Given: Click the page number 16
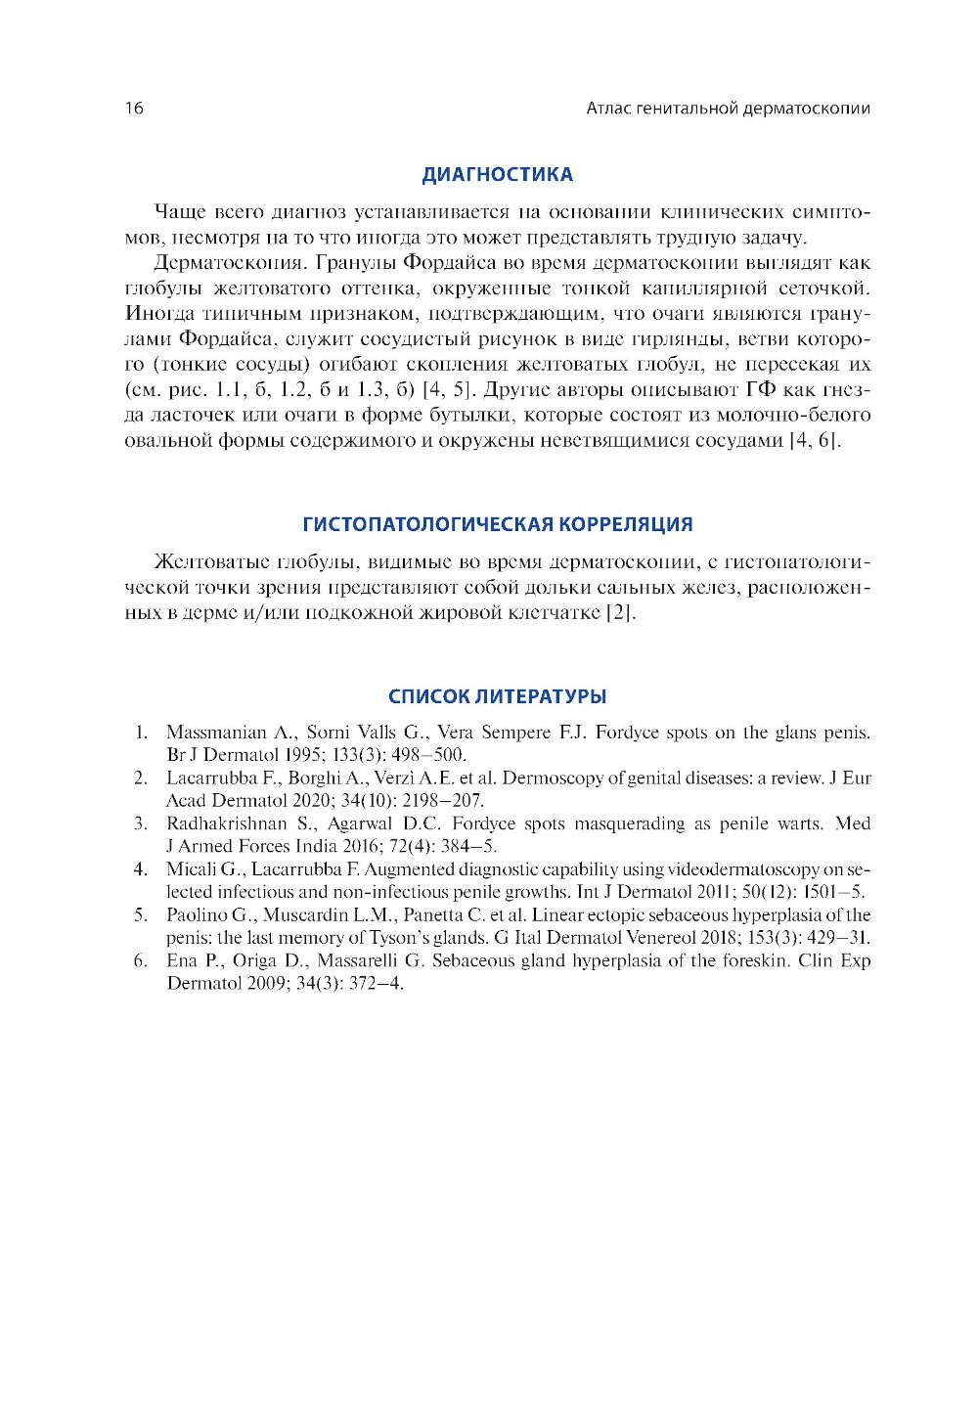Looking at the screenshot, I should (x=134, y=109).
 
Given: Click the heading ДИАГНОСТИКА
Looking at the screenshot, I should (x=497, y=175).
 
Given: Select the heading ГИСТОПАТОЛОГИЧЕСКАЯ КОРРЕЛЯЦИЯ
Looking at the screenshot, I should (x=497, y=524).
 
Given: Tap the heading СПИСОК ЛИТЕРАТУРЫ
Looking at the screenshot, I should (x=497, y=696).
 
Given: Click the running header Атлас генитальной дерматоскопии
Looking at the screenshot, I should (x=728, y=109).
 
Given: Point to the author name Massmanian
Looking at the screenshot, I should (x=215, y=733).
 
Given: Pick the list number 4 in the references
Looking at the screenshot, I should (x=141, y=869).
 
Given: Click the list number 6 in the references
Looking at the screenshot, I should (x=141, y=960).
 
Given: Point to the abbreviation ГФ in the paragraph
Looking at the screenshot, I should (x=761, y=390).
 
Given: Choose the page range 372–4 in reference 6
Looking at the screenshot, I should (x=376, y=984).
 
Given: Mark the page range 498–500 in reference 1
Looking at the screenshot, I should (x=428, y=755).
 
